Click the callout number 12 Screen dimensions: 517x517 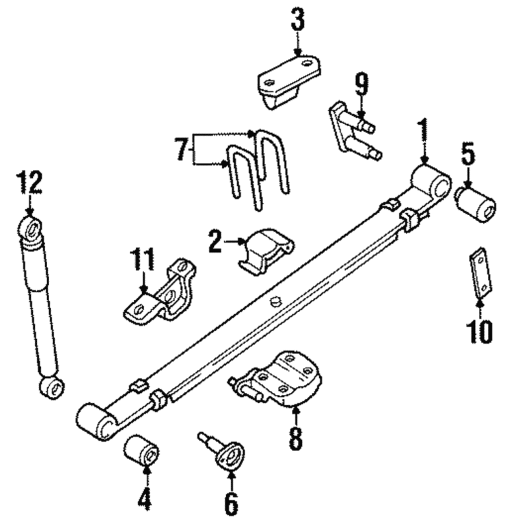coord(29,182)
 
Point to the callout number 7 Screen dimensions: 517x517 coord(181,149)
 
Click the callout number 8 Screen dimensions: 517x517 coord(295,438)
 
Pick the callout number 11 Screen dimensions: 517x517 coord(142,259)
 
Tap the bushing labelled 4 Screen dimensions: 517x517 coord(141,450)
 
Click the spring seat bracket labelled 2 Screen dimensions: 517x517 coord(266,251)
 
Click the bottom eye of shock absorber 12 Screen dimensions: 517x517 coord(52,389)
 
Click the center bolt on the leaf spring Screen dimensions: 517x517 coord(275,301)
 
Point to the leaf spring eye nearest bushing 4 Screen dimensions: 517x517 coord(96,421)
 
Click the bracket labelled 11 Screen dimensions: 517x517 coord(160,291)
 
